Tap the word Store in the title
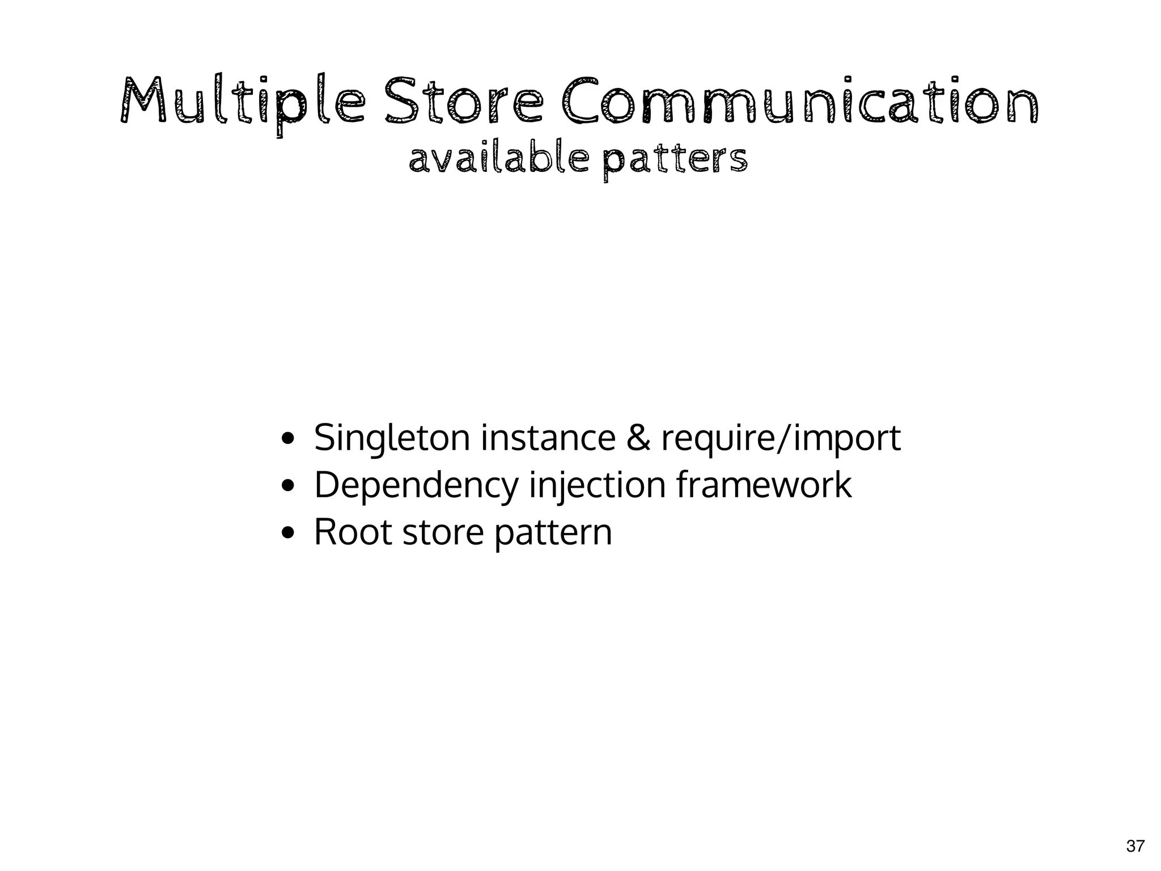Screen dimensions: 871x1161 [464, 101]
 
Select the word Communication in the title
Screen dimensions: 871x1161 [799, 101]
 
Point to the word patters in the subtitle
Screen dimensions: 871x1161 [675, 160]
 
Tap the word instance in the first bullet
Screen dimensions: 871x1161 [548, 438]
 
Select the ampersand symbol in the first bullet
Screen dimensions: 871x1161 [638, 438]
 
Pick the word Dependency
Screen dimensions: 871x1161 [416, 487]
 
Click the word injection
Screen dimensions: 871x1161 [597, 487]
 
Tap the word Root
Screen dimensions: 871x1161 [353, 532]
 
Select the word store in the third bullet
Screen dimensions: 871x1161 [443, 533]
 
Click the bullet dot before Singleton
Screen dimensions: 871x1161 [288, 439]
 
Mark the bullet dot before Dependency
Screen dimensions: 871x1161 [288, 486]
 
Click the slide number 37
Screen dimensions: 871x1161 [1135, 847]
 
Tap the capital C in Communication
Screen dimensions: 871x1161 [580, 101]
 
